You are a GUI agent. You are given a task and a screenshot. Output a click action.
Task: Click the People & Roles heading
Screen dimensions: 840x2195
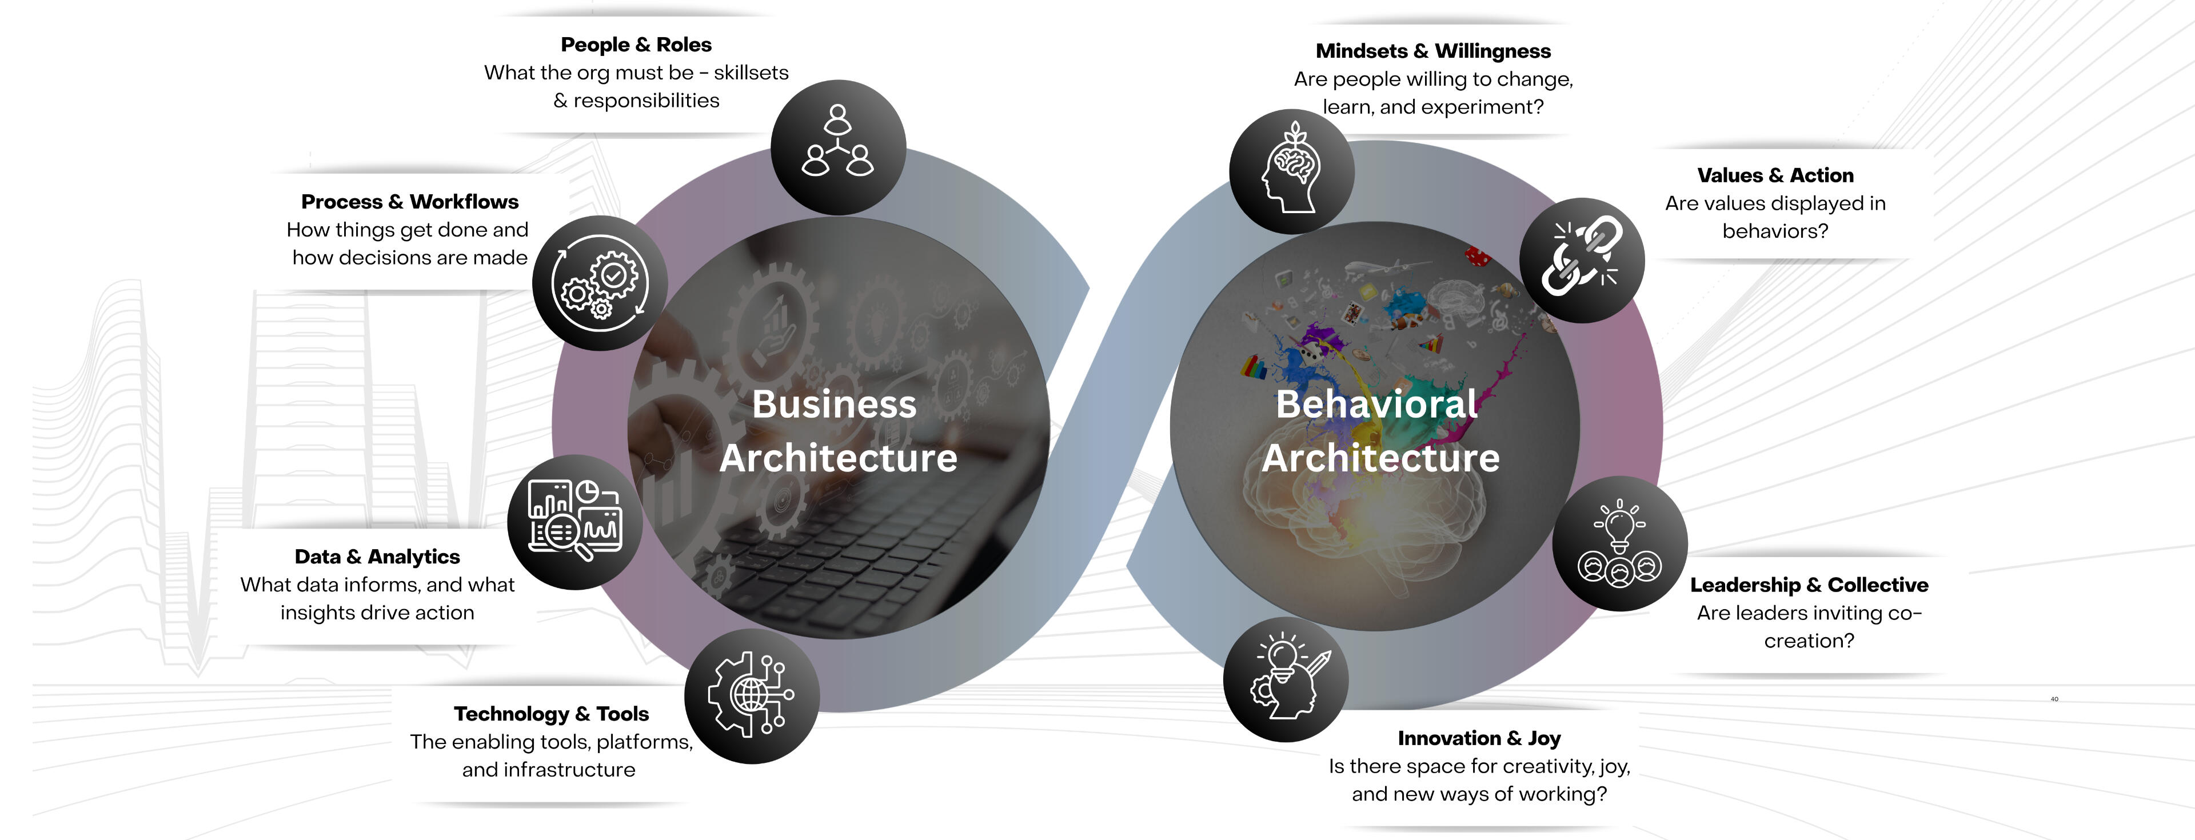coord(636,45)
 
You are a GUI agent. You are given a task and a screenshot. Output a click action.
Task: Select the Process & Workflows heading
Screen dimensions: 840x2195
coord(410,202)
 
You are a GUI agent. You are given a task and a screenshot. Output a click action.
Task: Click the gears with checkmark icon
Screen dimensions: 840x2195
coord(600,283)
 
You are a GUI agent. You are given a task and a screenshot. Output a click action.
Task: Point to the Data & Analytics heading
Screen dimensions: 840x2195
coord(377,557)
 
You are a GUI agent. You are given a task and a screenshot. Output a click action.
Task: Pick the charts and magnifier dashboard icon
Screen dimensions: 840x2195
coord(574,521)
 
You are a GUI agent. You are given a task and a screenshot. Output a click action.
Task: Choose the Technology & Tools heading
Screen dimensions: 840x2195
coord(550,714)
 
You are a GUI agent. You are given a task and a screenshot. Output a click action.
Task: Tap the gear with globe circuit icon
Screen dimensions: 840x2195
coord(752,695)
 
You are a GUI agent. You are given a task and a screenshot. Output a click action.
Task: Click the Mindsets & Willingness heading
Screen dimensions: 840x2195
coord(1432,51)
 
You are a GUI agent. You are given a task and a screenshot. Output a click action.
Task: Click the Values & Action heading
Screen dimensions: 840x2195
coord(1775,175)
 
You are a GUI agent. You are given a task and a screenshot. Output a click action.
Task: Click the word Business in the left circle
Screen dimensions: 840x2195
coord(833,405)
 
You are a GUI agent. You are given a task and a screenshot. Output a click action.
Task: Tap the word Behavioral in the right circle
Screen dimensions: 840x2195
coord(1376,405)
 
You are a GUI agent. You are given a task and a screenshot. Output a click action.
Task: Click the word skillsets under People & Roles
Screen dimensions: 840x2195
coord(751,73)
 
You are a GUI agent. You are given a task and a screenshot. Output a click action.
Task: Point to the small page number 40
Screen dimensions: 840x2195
coord(2054,699)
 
